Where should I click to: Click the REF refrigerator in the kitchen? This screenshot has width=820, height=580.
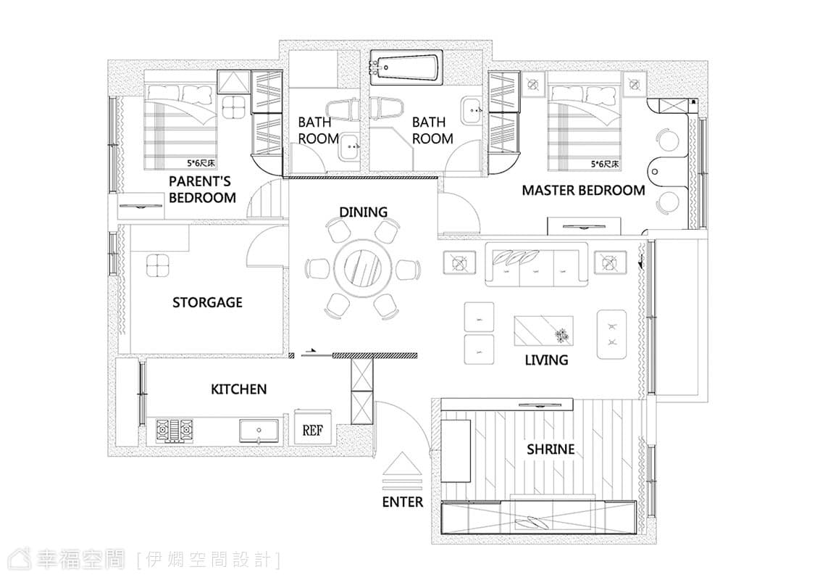pyautogui.click(x=312, y=427)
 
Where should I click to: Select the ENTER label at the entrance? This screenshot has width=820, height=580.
pyautogui.click(x=402, y=502)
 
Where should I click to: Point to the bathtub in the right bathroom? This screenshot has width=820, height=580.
pyautogui.click(x=406, y=68)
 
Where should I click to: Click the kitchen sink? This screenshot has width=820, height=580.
pyautogui.click(x=259, y=431)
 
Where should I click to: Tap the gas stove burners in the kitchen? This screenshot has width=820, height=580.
pyautogui.click(x=174, y=431)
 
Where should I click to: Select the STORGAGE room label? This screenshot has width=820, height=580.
pyautogui.click(x=207, y=302)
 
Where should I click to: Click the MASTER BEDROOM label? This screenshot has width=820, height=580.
pyautogui.click(x=583, y=190)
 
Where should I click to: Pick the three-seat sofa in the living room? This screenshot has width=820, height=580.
pyautogui.click(x=536, y=265)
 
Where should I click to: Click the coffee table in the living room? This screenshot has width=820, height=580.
pyautogui.click(x=543, y=331)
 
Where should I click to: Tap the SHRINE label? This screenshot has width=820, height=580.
pyautogui.click(x=550, y=449)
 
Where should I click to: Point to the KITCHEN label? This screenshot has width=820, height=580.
pyautogui.click(x=238, y=389)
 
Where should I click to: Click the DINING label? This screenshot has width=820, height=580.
pyautogui.click(x=364, y=212)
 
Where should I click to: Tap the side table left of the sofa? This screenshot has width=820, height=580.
pyautogui.click(x=459, y=262)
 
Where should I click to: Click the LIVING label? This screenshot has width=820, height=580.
pyautogui.click(x=546, y=360)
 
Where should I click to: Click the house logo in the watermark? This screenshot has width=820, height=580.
pyautogui.click(x=23, y=559)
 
